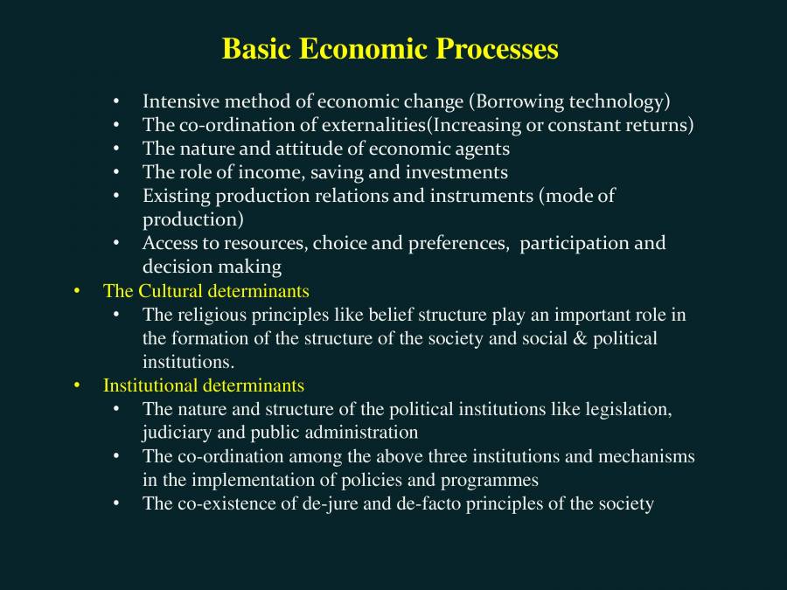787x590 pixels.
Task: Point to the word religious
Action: (x=215, y=315)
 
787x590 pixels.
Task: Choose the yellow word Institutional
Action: (x=150, y=385)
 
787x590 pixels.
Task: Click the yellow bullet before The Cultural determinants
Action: (x=77, y=290)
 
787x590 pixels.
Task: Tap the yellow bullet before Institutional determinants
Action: (x=77, y=385)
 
